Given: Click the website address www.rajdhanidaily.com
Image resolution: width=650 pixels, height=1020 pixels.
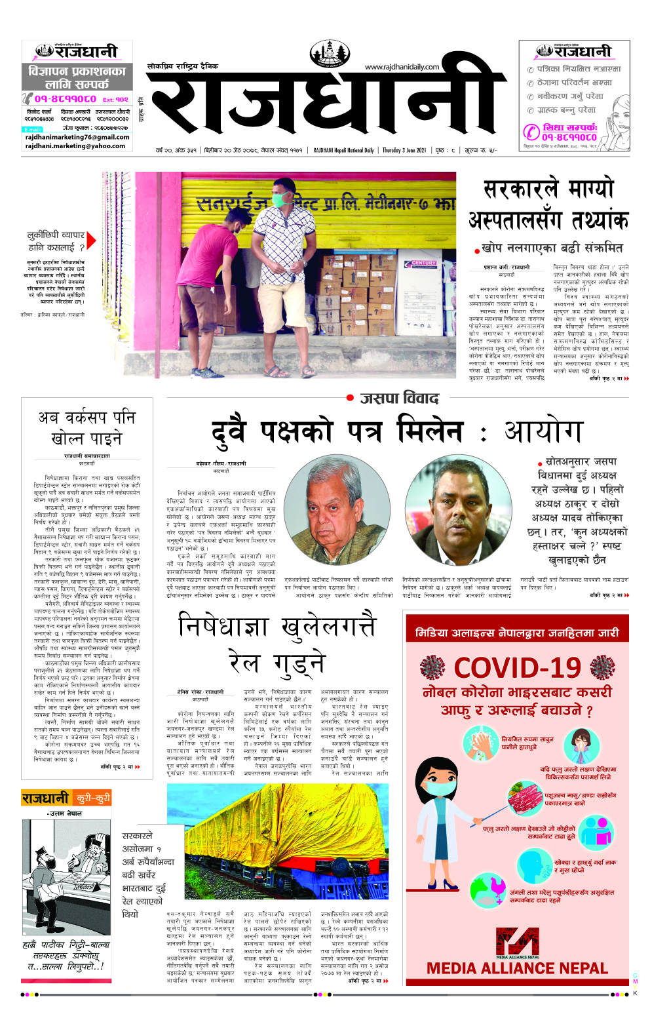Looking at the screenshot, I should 402,66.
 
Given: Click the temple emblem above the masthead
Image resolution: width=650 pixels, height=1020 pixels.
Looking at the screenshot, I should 330,53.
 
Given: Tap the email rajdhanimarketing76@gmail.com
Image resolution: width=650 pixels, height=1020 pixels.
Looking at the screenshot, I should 77,137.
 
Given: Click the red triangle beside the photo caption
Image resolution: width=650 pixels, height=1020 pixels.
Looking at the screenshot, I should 91,241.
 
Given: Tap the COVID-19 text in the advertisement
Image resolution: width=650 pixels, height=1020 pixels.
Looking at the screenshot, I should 517,668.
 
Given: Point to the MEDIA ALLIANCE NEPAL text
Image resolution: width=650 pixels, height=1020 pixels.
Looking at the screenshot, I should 517,968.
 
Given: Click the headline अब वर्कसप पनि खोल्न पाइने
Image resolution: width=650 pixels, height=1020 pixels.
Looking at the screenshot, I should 86,427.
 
